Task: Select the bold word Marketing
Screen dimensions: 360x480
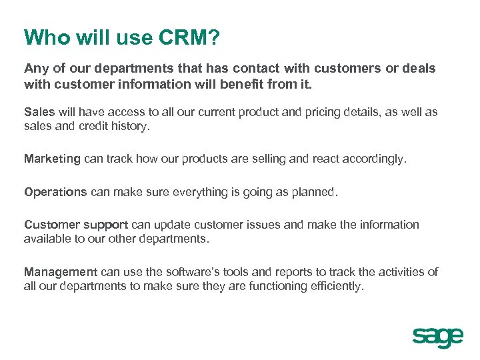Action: point(52,159)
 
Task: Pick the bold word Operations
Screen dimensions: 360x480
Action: point(55,192)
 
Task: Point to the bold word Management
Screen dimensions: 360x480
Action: point(61,271)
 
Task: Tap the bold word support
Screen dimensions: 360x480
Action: point(107,225)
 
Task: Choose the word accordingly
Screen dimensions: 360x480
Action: point(374,159)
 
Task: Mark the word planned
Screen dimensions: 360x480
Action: point(316,192)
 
